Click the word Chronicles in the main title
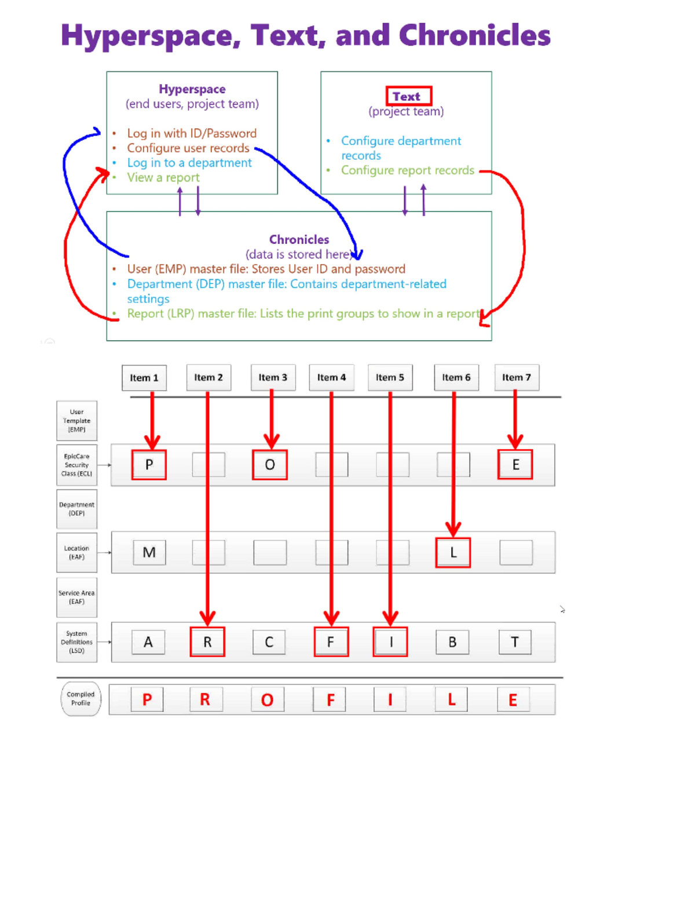tap(474, 36)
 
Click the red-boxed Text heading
tap(408, 96)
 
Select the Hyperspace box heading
tap(192, 89)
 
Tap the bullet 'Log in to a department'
tap(189, 163)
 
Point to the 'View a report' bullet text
tap(163, 178)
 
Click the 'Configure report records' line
tap(407, 170)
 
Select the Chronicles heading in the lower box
tap(299, 239)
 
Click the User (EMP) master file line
tap(266, 269)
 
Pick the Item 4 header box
tap(331, 378)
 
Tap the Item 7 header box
tap(516, 378)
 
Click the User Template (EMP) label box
tap(76, 421)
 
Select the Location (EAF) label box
tap(76, 553)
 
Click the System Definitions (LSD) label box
tap(76, 642)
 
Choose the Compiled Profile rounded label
tap(81, 699)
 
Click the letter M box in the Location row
tap(149, 553)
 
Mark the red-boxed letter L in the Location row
tap(453, 553)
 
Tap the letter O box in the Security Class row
tap(270, 465)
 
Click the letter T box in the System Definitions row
tap(515, 642)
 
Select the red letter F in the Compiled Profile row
tap(330, 700)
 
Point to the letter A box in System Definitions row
tap(148, 642)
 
